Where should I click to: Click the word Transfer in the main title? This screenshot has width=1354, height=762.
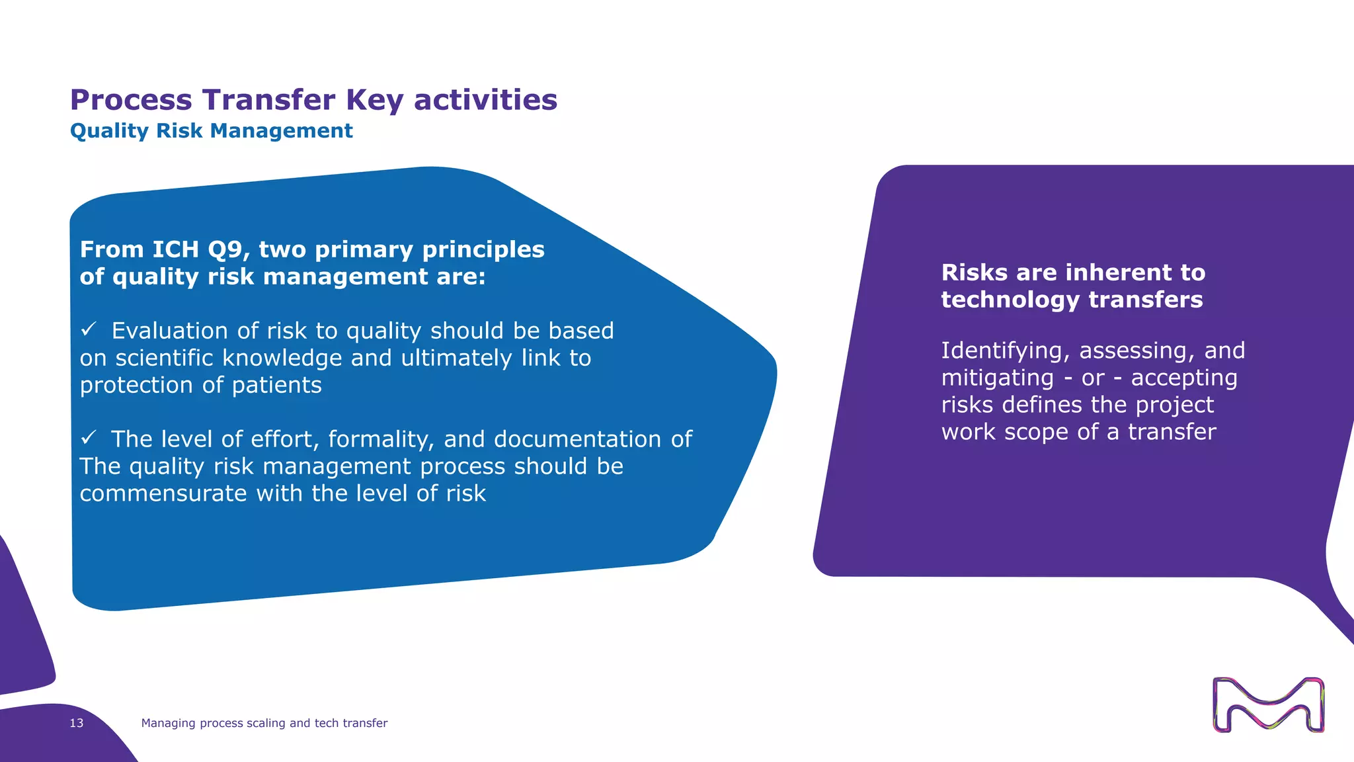[x=268, y=100]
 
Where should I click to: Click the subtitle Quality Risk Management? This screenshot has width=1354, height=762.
[x=211, y=131]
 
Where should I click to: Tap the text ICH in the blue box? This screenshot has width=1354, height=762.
[x=175, y=249]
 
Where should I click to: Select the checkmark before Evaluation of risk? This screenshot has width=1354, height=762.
[x=89, y=329]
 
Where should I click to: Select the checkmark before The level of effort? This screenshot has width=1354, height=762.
[x=89, y=437]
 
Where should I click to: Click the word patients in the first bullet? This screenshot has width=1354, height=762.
[x=276, y=386]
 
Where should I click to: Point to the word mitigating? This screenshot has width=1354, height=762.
[x=997, y=378]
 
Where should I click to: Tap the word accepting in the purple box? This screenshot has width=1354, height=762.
[x=1183, y=378]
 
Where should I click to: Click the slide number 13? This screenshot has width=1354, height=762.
[x=77, y=723]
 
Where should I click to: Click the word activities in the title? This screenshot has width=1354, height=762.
[x=485, y=100]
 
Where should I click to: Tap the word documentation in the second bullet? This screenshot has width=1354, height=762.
[x=577, y=439]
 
